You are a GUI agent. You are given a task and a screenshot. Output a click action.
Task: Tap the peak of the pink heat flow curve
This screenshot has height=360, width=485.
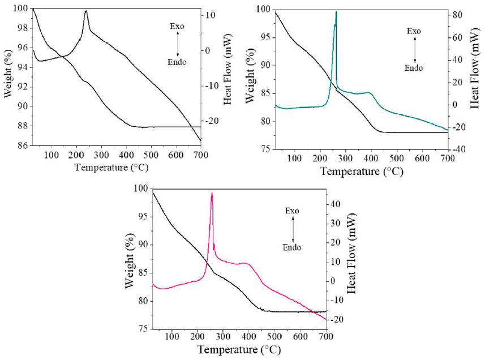click(x=212, y=194)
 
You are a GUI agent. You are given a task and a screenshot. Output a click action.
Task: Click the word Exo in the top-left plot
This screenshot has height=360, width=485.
click(x=177, y=27)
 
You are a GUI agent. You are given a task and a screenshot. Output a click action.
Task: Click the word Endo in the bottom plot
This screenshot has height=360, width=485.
click(x=291, y=247)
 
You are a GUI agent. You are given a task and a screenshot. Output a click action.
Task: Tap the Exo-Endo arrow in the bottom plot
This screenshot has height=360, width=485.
click(x=293, y=229)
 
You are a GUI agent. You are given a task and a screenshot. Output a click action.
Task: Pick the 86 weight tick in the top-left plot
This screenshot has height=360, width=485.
click(x=22, y=145)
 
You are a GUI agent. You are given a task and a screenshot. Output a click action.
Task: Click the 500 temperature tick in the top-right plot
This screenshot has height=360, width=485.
click(x=396, y=159)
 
